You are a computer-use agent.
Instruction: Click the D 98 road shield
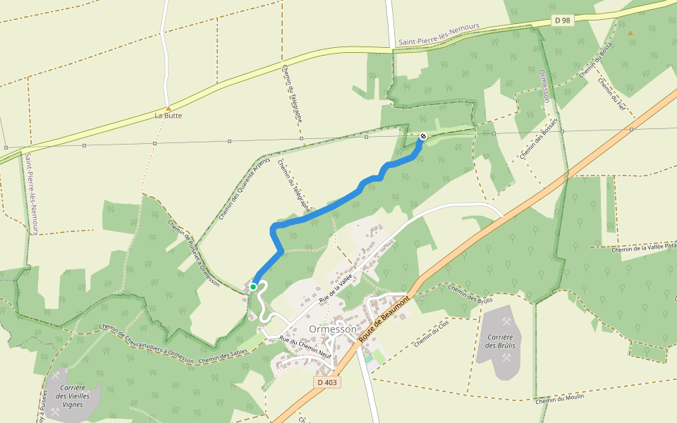tap(562, 20)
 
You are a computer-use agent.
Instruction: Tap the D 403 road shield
tap(327, 382)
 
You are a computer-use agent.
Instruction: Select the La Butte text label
tap(169, 116)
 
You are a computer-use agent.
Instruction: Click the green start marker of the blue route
tap(253, 287)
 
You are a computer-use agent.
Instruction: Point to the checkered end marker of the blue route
tap(422, 136)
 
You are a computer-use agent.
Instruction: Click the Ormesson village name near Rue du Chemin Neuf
tap(334, 329)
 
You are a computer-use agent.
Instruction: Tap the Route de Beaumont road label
tap(384, 320)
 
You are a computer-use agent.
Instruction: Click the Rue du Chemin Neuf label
tap(305, 345)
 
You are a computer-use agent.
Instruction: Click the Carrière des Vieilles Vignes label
tap(73, 396)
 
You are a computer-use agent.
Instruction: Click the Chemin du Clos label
tap(432, 333)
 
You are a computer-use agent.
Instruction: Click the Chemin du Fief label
tap(612, 94)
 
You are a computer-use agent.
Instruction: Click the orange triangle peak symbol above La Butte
tap(169, 108)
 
